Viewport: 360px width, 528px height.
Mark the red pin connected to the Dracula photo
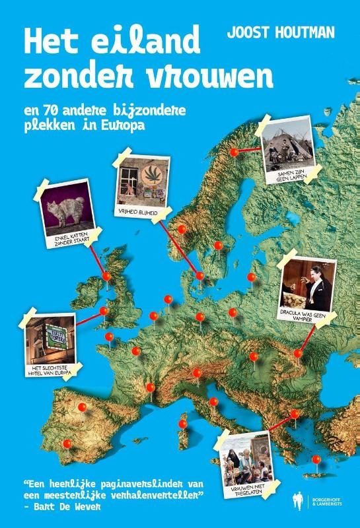[x=298, y=354]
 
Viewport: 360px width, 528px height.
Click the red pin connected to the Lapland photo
[x=234, y=152]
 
